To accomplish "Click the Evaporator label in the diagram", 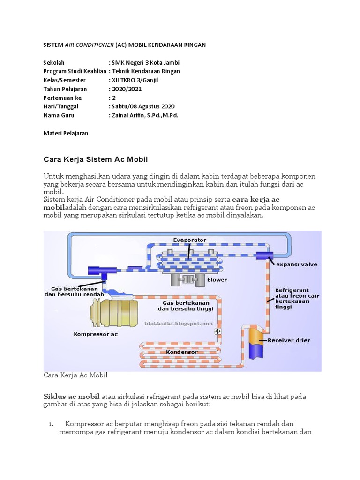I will [x=189, y=240].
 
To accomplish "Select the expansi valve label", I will [x=296, y=264].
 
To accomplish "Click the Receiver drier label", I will [x=288, y=340].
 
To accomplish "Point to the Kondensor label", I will [x=181, y=352].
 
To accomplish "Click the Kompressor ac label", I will [x=96, y=334].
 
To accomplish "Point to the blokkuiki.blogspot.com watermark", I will [x=184, y=323].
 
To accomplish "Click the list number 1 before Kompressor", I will [x=51, y=424].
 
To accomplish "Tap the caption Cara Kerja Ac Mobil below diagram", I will [x=75, y=375].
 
